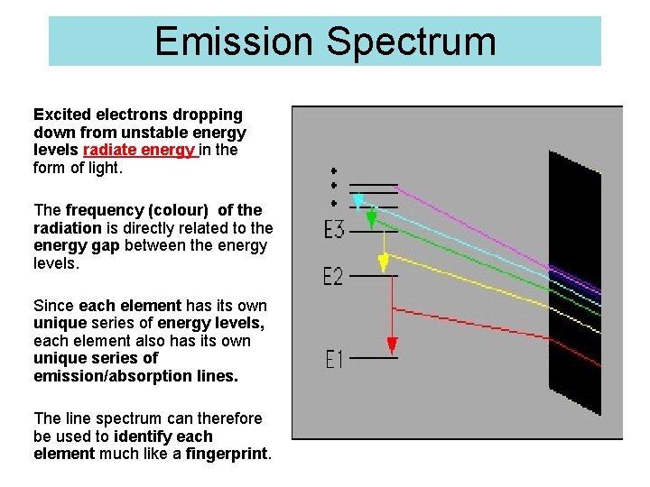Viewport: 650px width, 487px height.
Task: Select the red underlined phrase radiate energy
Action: (138, 150)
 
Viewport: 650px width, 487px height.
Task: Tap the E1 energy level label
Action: (334, 359)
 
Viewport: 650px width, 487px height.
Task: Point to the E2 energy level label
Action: (334, 276)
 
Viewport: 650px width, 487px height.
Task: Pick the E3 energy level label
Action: (334, 230)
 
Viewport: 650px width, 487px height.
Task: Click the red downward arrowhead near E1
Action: (392, 345)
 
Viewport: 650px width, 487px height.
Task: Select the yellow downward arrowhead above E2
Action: (384, 262)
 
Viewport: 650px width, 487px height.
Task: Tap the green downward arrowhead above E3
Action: (371, 219)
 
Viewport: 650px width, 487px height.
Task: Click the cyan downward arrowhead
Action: (358, 200)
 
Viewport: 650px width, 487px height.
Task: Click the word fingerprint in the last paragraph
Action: (227, 454)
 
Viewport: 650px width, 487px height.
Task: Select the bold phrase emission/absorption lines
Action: (135, 376)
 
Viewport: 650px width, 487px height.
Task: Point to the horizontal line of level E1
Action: (373, 358)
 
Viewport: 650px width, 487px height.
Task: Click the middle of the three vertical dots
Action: (334, 186)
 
